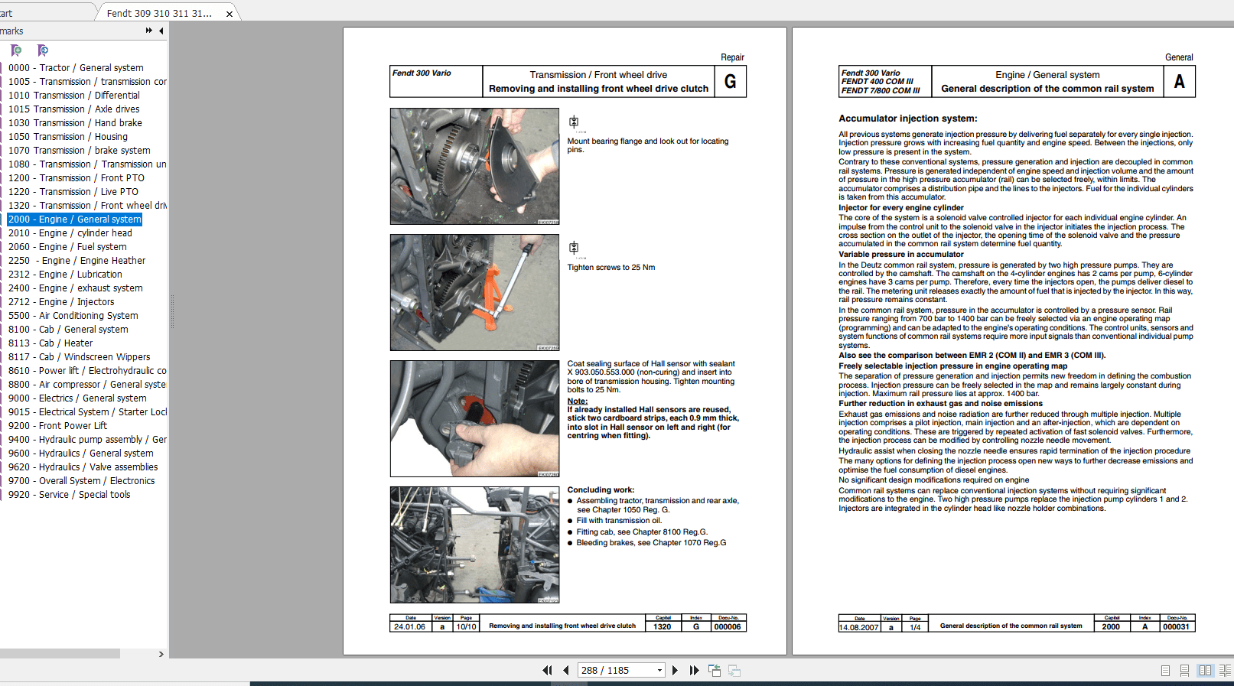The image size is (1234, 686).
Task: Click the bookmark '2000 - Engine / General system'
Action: [75, 219]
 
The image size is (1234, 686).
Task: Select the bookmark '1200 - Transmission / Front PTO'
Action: [76, 178]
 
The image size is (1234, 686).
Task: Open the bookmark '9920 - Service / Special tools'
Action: [69, 495]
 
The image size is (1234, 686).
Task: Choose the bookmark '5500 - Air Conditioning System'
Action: [73, 316]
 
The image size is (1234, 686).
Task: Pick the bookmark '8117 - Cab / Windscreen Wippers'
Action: [79, 357]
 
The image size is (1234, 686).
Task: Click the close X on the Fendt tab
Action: [230, 14]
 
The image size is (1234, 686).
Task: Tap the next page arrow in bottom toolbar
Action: [675, 671]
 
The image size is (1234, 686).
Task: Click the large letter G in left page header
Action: [730, 82]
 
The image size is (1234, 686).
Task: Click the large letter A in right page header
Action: [1179, 82]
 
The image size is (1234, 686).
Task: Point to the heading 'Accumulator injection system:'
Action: [907, 119]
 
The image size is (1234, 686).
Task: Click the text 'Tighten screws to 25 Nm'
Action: [610, 268]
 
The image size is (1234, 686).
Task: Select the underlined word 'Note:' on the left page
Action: [577, 401]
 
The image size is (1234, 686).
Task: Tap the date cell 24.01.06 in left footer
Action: [410, 627]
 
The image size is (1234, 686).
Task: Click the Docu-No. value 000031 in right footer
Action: [1176, 627]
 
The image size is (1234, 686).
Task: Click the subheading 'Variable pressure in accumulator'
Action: [900, 255]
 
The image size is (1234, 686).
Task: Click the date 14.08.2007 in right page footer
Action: [858, 628]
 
